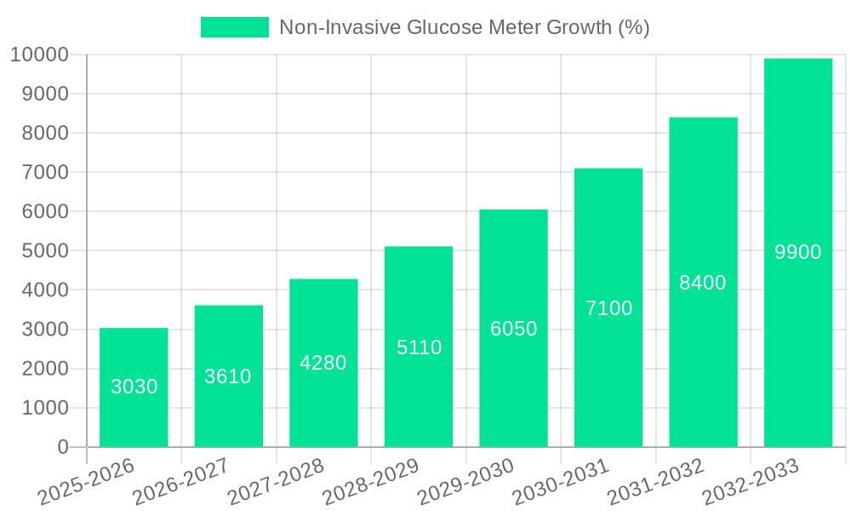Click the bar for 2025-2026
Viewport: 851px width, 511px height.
tap(134, 388)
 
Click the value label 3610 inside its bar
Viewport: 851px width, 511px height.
tap(228, 376)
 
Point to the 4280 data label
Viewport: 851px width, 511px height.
tap(323, 363)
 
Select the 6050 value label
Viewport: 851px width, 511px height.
tap(513, 329)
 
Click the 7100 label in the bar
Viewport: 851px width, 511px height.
tap(608, 308)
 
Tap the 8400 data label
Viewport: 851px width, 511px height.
tap(703, 283)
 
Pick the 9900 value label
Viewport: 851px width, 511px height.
tap(797, 252)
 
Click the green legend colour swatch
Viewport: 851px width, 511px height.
tap(234, 27)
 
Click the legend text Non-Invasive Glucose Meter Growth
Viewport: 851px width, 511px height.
tap(465, 27)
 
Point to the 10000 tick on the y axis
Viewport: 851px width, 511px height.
tap(39, 55)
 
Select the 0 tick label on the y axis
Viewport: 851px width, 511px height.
tap(62, 447)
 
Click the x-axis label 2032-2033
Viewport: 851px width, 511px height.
tap(749, 481)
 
